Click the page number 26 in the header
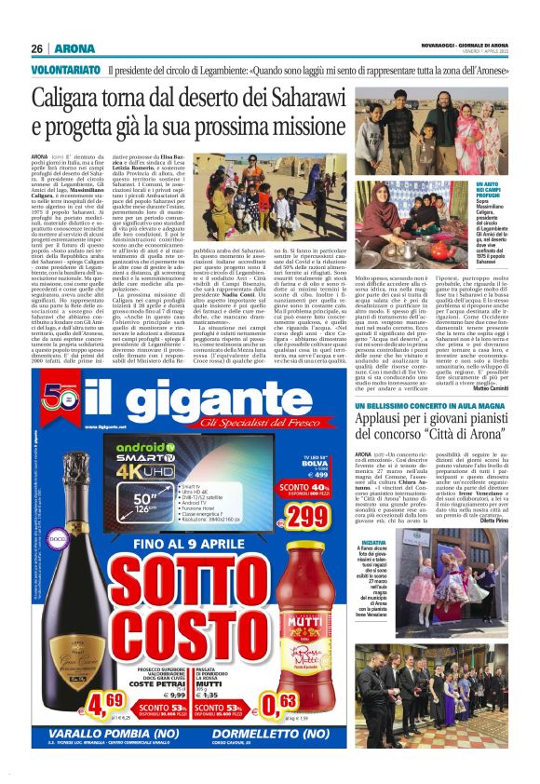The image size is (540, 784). tap(37, 48)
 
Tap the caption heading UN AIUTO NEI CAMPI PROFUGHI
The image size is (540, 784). tap(490, 192)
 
